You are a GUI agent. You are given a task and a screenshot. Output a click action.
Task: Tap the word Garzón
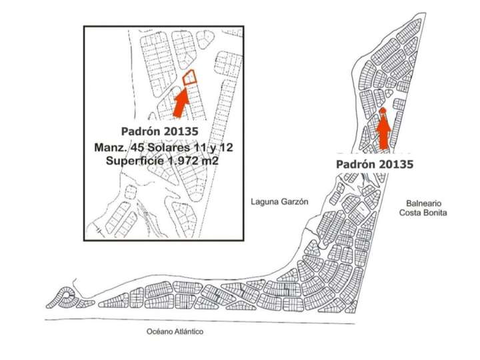295,201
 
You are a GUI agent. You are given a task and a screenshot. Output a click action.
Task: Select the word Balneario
423,203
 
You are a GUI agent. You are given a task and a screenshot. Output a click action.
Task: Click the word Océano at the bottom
163,331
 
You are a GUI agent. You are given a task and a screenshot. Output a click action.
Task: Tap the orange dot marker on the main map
383,111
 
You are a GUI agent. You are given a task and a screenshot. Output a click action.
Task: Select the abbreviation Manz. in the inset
113,147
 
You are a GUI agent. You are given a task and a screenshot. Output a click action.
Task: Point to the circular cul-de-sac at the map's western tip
67,295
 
